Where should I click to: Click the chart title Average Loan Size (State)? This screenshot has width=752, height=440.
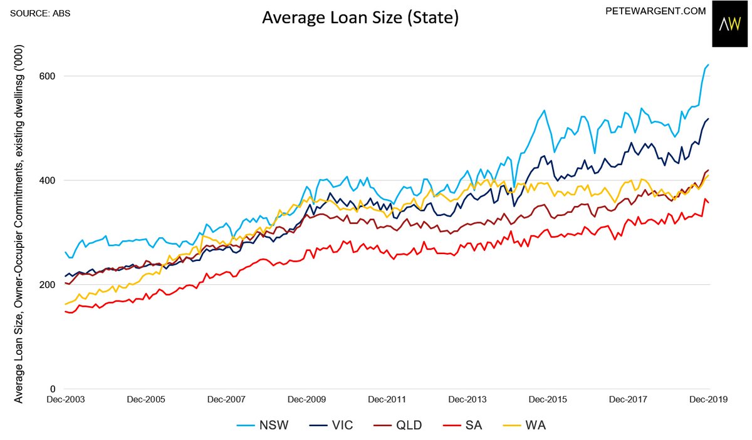360,19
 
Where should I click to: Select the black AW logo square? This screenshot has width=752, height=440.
731,24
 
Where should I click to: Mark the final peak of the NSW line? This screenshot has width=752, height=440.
708,64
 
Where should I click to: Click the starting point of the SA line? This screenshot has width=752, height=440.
65,311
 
